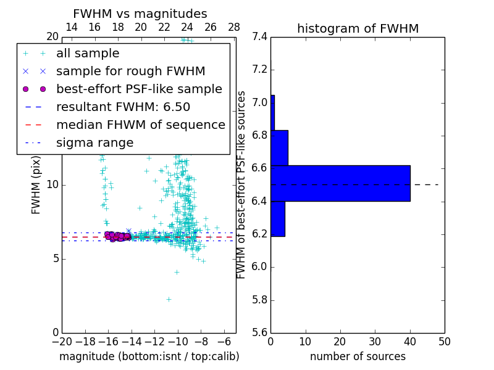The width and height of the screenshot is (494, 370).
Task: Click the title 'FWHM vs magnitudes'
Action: point(140,14)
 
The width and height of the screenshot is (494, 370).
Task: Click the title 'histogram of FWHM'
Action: point(358,28)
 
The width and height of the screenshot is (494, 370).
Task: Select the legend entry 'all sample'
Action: point(88,54)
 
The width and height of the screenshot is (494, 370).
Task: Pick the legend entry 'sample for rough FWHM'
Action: point(130,71)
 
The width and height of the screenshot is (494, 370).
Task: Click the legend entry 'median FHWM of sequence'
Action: point(140,125)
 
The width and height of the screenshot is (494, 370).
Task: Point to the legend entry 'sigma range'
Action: point(94,143)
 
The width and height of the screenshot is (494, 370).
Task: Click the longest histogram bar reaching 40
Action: point(340,183)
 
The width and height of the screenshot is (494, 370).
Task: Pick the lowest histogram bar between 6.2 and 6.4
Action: point(278,218)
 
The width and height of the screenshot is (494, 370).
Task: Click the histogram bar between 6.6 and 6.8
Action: point(279,147)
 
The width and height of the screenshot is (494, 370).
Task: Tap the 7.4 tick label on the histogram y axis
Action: point(260,37)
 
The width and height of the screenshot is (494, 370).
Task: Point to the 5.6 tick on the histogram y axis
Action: point(260,333)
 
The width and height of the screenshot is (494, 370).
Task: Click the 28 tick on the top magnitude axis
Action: point(234,27)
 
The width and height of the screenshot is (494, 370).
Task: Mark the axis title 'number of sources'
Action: point(358,356)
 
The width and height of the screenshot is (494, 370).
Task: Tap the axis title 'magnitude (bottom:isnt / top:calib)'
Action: point(149,356)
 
